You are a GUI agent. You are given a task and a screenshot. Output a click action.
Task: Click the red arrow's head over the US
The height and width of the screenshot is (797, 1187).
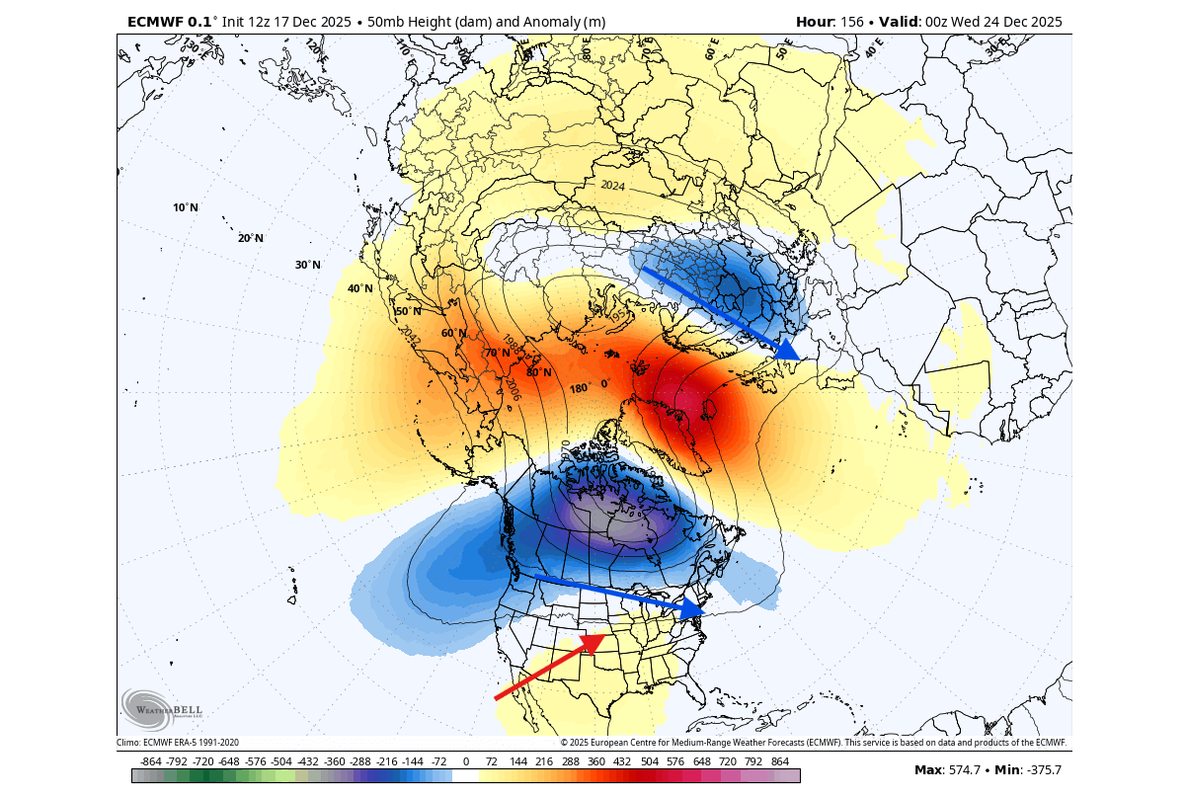(592, 644)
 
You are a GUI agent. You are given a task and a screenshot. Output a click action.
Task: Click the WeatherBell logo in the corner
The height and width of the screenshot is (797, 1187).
(162, 708)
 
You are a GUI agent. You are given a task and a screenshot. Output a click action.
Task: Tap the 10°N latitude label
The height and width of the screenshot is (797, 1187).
(185, 207)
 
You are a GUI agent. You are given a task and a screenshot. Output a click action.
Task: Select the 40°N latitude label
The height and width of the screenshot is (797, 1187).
(359, 288)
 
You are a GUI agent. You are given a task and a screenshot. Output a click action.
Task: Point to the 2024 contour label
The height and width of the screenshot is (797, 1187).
(612, 185)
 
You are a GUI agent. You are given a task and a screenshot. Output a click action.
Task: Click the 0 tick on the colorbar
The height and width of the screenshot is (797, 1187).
(465, 761)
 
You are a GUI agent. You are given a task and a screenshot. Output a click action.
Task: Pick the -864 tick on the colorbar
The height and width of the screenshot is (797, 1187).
(151, 761)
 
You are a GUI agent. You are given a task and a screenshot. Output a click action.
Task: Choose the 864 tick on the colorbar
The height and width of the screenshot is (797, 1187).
(779, 761)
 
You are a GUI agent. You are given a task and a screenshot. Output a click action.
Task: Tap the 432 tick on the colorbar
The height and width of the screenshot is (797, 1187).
(622, 761)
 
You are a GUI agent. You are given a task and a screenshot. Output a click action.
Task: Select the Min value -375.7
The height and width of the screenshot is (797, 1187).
(1041, 770)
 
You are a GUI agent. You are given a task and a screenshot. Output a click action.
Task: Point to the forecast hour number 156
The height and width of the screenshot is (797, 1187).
(852, 22)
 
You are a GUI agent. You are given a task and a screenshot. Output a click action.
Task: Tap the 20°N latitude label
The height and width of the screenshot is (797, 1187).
(250, 238)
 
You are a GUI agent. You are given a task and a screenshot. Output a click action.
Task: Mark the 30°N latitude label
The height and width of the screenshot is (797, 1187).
(308, 265)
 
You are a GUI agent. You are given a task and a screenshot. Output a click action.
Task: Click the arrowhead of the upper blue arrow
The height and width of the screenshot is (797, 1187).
(787, 350)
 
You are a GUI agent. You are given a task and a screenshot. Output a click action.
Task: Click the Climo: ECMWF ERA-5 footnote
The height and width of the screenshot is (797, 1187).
(178, 743)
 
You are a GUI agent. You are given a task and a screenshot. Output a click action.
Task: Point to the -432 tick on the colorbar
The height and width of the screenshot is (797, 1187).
(308, 761)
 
